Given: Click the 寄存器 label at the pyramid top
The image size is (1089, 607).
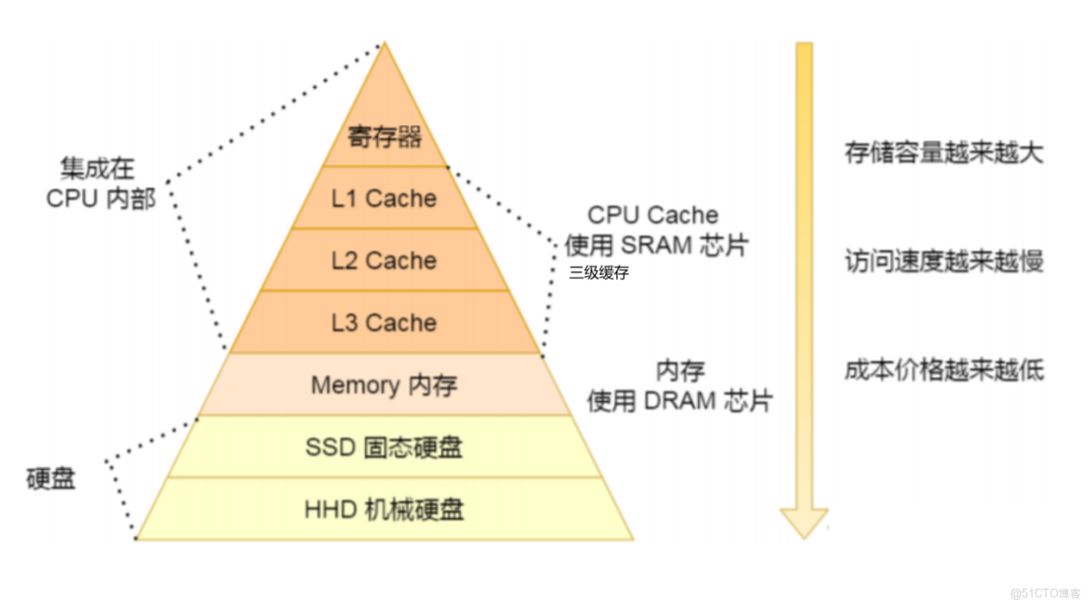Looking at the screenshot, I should click(384, 138).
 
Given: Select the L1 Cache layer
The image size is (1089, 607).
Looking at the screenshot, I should click(384, 198).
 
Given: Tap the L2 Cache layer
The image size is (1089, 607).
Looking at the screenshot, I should click(384, 260).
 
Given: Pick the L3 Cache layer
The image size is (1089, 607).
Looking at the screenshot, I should click(384, 323).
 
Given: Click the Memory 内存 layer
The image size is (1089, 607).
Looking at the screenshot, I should click(384, 384).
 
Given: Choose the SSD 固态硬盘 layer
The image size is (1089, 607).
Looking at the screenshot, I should click(384, 447).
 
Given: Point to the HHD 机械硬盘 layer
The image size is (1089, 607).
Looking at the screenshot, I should click(384, 509).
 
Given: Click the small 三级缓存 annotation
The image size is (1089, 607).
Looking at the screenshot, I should click(599, 273).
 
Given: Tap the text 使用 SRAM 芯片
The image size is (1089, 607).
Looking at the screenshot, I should click(657, 246).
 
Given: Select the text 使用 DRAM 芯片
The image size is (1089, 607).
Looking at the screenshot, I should click(680, 401).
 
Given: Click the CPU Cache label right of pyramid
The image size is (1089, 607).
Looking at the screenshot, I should click(653, 215).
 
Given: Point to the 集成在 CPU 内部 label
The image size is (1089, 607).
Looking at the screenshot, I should click(100, 183).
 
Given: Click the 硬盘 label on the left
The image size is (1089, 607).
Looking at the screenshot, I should click(52, 479).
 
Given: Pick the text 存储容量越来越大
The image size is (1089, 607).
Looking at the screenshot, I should click(944, 153).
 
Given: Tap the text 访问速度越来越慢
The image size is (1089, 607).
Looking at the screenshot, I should click(944, 262).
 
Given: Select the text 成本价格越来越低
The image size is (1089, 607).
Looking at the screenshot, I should click(944, 371).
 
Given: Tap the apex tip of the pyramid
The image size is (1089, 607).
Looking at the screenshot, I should click(384, 43).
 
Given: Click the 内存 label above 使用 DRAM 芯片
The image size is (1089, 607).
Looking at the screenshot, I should click(680, 372).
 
